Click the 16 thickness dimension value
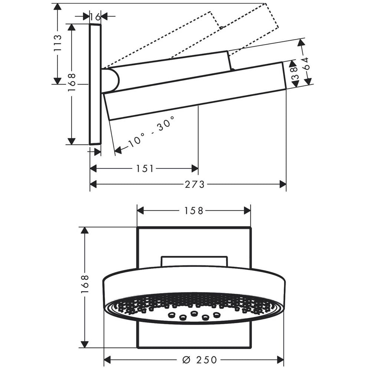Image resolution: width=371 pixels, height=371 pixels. (95, 17)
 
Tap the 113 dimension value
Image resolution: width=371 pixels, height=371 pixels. (57, 43)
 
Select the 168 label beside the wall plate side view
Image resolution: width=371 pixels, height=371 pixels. (72, 82)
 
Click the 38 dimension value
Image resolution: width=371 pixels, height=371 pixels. (294, 73)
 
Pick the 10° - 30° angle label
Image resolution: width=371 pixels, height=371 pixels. (152, 131)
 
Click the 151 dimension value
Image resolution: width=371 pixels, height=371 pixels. (145, 169)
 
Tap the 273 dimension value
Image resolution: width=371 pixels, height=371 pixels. (194, 184)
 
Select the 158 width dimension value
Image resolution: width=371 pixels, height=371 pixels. (194, 211)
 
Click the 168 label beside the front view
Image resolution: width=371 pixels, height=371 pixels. (85, 284)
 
